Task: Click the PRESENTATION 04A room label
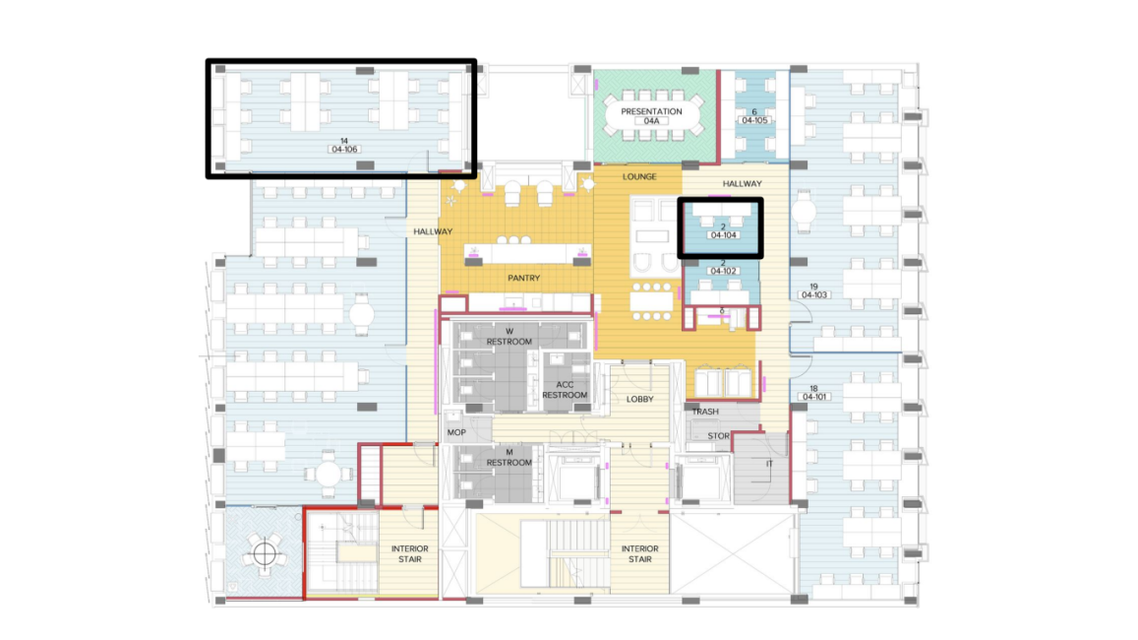click(x=651, y=116)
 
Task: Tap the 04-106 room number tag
click(x=344, y=149)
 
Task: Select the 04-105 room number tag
click(x=754, y=120)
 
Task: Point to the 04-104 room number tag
click(x=724, y=235)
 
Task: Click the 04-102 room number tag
click(x=724, y=271)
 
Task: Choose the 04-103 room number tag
click(x=814, y=295)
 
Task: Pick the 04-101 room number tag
click(x=814, y=397)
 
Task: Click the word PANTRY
click(x=524, y=279)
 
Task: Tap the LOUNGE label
click(x=639, y=176)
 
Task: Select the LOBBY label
click(x=640, y=400)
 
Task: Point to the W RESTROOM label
click(x=509, y=337)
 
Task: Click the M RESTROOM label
click(x=509, y=457)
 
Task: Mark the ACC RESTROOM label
click(x=565, y=390)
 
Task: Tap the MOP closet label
click(x=456, y=432)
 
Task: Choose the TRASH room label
click(x=705, y=412)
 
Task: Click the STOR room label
click(x=719, y=436)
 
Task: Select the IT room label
click(x=769, y=464)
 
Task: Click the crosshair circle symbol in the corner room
click(x=265, y=554)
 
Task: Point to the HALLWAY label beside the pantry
click(x=434, y=231)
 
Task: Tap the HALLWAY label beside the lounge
click(x=743, y=184)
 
